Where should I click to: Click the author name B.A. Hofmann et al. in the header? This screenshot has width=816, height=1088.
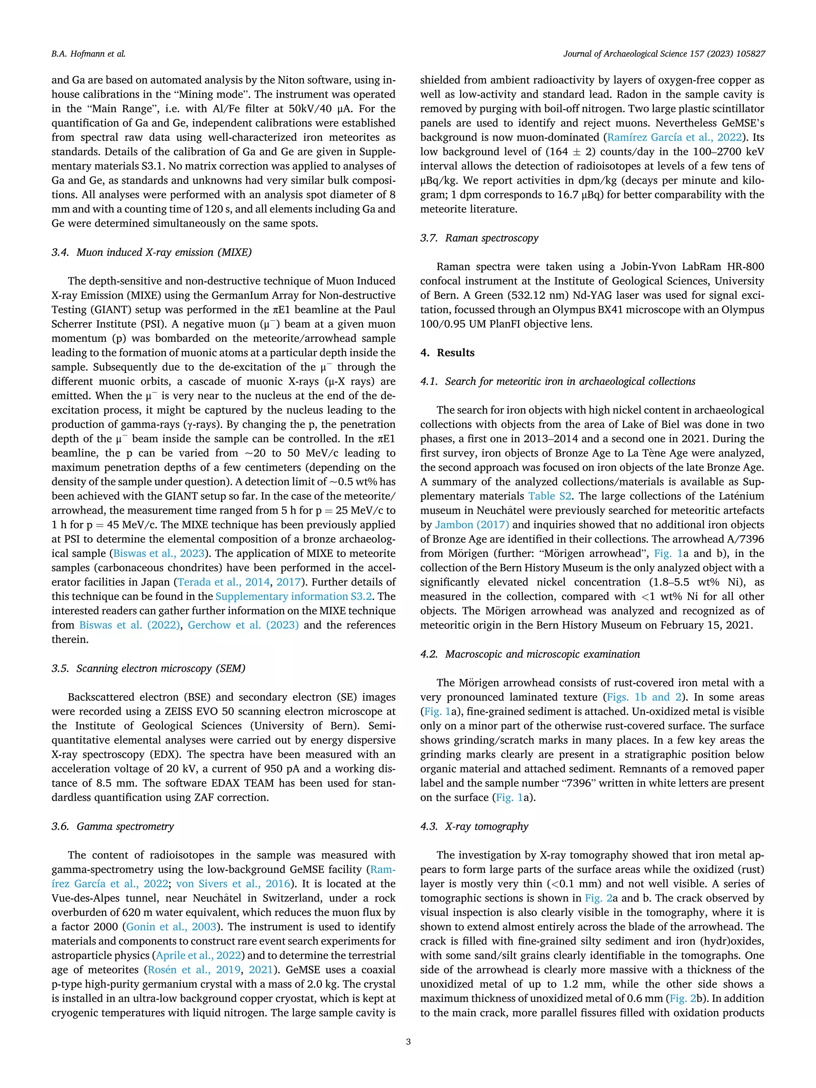coord(88,54)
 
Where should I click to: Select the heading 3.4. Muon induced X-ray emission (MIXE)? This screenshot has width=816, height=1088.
coord(151,252)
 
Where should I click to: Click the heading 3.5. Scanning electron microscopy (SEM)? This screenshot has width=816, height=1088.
coord(148,668)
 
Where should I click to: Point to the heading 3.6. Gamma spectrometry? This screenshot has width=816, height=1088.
coord(113,826)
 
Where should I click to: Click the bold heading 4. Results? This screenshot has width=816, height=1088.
coord(447,353)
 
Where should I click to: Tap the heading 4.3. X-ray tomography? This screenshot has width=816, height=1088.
coord(474,826)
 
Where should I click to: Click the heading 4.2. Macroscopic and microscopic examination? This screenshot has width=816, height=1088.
coord(530,654)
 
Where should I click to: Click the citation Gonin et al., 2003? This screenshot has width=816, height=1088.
coord(171,927)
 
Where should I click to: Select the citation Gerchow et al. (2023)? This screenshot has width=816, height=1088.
coord(243,625)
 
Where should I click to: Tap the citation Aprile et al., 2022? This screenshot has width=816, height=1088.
coord(198,955)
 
